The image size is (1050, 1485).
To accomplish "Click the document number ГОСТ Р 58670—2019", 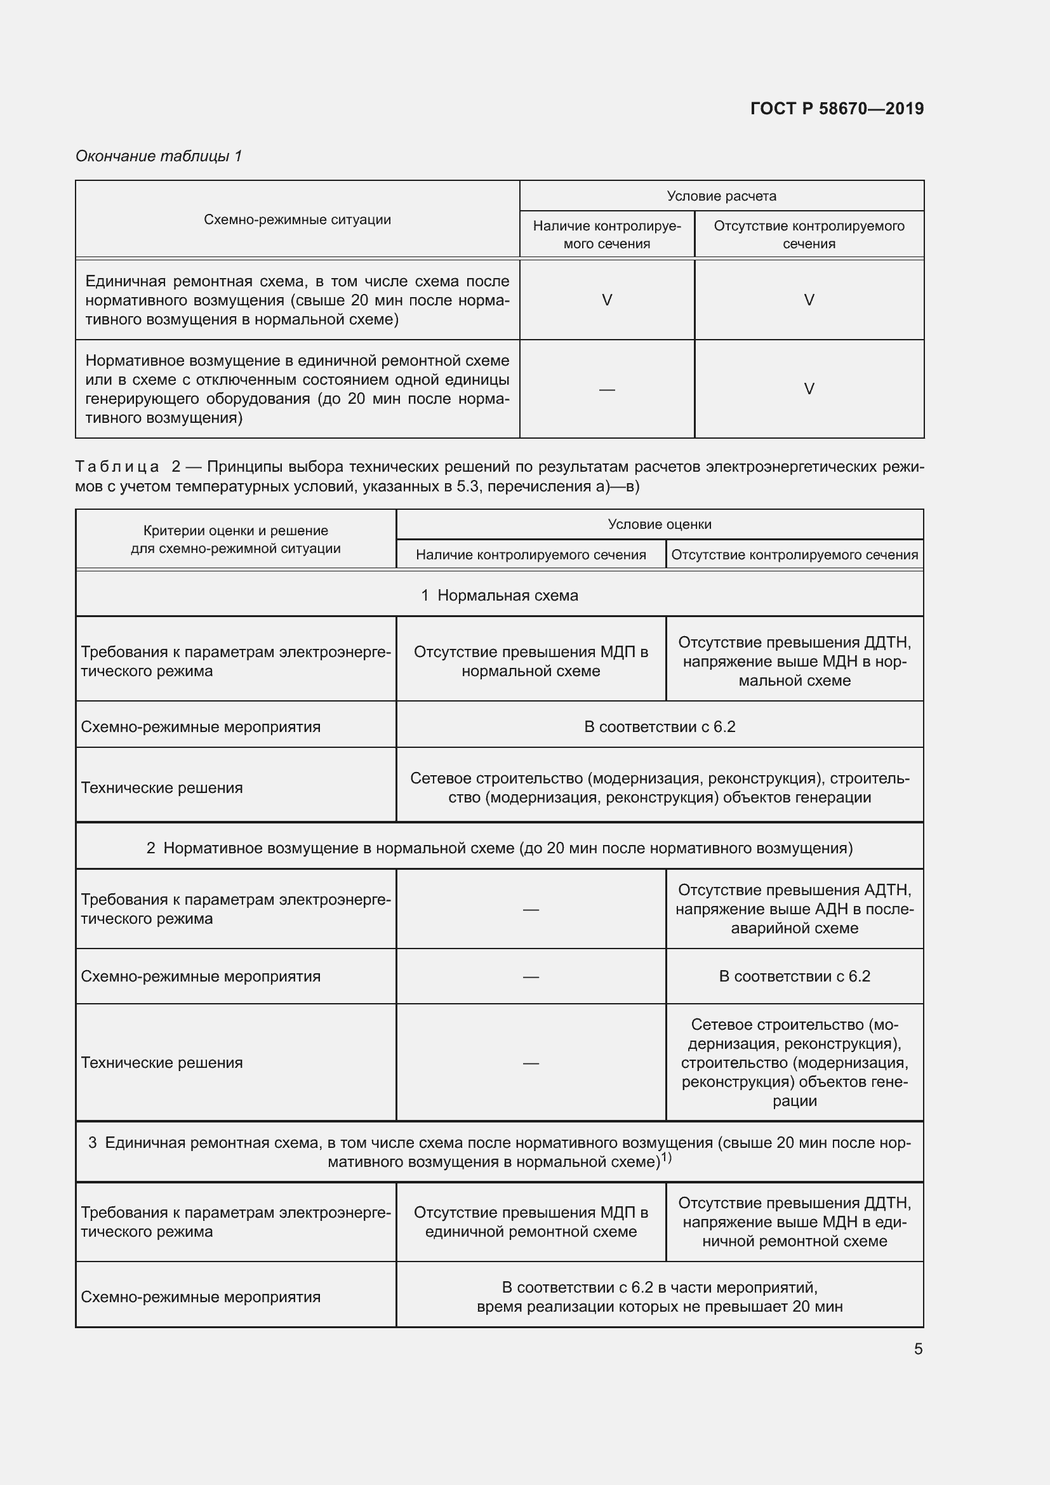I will (837, 109).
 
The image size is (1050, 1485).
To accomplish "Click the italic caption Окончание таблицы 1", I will (159, 156).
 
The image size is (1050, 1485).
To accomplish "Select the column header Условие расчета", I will (721, 196).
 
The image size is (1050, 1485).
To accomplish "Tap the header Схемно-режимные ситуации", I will (297, 220).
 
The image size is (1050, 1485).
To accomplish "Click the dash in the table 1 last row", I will (606, 389).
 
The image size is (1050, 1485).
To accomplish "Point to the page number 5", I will (918, 1348).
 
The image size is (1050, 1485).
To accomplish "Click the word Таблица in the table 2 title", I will (117, 467).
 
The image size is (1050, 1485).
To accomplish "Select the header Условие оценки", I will (660, 524).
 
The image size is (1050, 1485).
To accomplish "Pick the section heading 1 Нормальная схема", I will (499, 595).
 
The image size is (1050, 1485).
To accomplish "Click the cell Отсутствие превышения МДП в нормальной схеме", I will (531, 661).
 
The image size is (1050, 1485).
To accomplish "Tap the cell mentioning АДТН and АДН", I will (794, 909).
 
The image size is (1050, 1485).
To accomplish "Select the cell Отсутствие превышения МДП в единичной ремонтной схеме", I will (531, 1222).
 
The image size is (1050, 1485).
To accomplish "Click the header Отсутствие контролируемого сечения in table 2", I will (794, 555).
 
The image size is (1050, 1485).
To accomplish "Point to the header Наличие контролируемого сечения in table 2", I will (531, 555).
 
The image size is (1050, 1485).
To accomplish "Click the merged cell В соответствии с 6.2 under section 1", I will (660, 727).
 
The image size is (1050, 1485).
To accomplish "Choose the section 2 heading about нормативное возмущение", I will (499, 848).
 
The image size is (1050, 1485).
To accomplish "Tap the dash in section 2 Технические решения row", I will (531, 1063).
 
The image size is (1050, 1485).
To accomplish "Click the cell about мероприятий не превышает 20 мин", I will (660, 1297).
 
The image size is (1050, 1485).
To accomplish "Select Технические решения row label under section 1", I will (162, 788).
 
